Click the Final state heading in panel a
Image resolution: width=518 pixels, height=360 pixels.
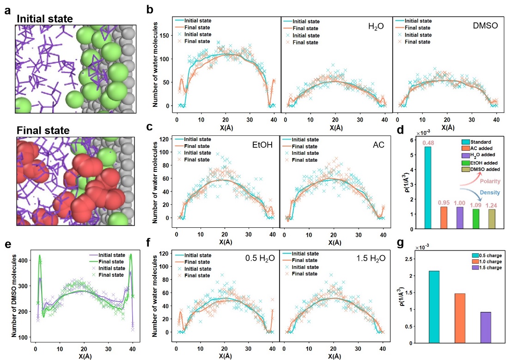pos(43,131)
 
